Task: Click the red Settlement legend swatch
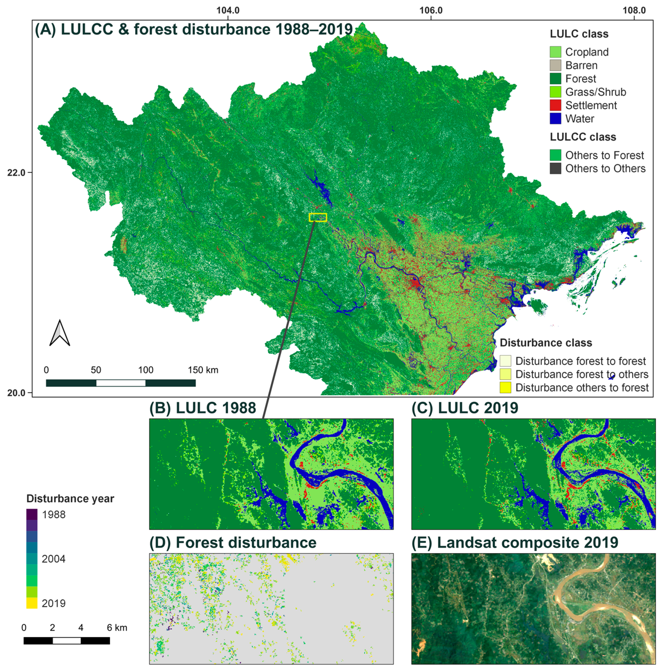click(x=555, y=105)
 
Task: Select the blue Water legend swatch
click(x=555, y=119)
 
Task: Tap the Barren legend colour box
click(x=555, y=65)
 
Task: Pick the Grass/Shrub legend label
click(x=595, y=92)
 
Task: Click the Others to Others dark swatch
click(x=555, y=168)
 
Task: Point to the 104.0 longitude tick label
click(x=228, y=10)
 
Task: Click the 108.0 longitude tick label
click(x=634, y=10)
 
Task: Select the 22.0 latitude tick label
click(x=16, y=172)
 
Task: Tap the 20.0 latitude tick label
click(x=16, y=393)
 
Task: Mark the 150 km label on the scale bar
click(x=203, y=370)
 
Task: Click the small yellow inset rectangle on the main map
click(x=318, y=217)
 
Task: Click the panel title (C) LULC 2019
click(x=465, y=408)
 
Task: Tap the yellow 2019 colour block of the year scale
click(x=32, y=603)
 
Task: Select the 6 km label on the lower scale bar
click(x=117, y=628)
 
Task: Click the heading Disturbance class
click(x=545, y=343)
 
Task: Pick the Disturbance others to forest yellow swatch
click(x=505, y=387)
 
